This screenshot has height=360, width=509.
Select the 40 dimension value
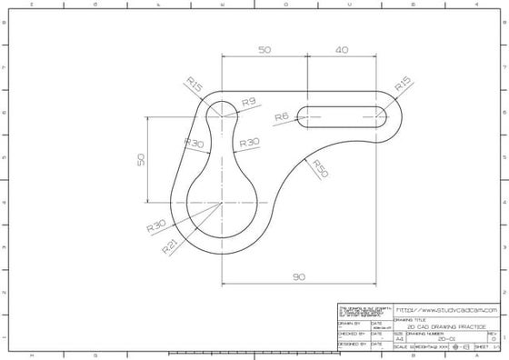coord(342,51)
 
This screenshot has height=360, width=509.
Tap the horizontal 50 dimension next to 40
coord(264,51)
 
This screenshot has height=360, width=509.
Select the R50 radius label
coord(320,167)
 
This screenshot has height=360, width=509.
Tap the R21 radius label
coord(169,245)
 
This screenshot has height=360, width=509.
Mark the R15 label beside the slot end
coord(403,85)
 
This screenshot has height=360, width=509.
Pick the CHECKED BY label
coord(351,334)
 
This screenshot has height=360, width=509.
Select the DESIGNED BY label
coord(352,345)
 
